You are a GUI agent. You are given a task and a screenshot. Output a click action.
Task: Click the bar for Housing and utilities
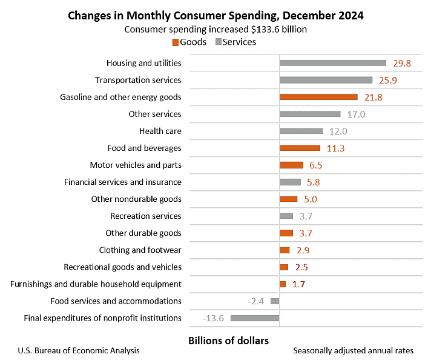(x=332, y=63)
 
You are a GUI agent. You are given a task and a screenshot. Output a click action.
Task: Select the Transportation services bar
(x=326, y=80)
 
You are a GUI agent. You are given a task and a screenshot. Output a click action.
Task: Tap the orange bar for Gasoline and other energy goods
(x=318, y=97)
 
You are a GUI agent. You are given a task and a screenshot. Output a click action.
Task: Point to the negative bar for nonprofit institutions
(x=254, y=318)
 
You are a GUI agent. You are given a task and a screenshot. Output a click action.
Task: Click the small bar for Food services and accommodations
(x=275, y=301)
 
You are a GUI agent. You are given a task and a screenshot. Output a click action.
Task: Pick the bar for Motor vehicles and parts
(x=291, y=165)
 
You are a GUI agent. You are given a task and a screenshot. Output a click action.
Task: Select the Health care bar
(x=301, y=131)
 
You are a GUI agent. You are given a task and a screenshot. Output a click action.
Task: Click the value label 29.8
(x=402, y=63)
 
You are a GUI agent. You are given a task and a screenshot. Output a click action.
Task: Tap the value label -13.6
(x=213, y=318)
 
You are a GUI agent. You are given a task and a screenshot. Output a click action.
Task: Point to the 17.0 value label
(x=355, y=114)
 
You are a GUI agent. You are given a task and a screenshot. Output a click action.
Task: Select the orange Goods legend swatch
(x=176, y=42)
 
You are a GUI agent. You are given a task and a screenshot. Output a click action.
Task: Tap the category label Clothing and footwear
(x=140, y=250)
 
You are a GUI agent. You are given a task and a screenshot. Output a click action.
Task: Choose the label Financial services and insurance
(x=123, y=182)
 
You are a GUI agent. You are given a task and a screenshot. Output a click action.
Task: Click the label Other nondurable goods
(x=136, y=199)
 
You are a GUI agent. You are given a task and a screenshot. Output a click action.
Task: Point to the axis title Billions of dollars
(x=228, y=340)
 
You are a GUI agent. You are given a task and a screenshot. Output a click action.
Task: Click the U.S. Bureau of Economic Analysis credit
(x=79, y=350)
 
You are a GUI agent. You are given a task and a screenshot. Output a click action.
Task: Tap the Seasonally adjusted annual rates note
(x=353, y=350)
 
